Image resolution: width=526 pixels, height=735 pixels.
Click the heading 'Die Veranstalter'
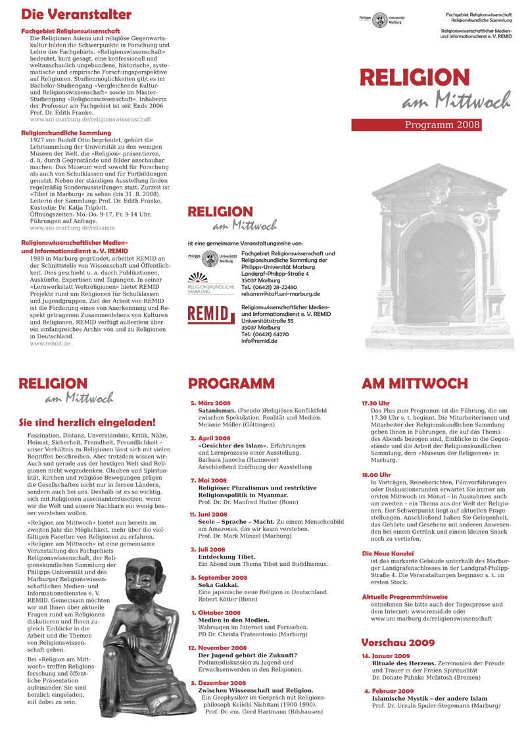[x=76, y=14]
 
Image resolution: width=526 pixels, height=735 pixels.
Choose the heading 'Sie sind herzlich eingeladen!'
[x=87, y=422]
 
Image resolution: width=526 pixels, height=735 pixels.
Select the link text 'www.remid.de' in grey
[x=50, y=343]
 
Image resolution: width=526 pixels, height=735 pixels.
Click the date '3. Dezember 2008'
[x=218, y=683]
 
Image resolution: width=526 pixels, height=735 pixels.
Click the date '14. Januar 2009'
[x=385, y=657]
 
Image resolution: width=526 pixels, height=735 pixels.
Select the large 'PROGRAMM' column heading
[x=231, y=384]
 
